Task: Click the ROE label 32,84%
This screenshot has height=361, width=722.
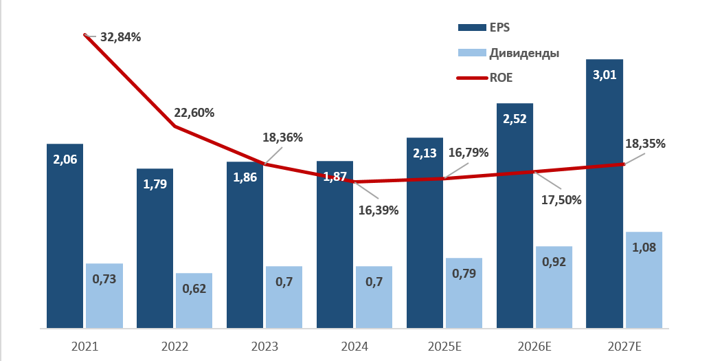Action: tap(120, 37)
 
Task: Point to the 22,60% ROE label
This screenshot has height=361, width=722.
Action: tap(194, 113)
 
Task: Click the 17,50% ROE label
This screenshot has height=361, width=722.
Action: tap(561, 200)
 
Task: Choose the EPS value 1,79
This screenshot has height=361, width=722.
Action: tap(155, 184)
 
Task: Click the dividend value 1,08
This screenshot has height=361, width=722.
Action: tap(644, 248)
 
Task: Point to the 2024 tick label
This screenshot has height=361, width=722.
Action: tap(354, 347)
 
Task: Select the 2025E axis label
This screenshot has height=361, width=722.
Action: tap(444, 347)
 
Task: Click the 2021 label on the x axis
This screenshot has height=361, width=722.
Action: tap(84, 347)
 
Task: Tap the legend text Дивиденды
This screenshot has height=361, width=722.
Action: tap(523, 53)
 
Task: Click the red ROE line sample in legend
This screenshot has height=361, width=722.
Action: tap(471, 78)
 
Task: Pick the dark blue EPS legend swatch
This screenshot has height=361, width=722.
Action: tap(471, 28)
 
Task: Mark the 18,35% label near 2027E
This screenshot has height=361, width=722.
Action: tap(645, 144)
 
